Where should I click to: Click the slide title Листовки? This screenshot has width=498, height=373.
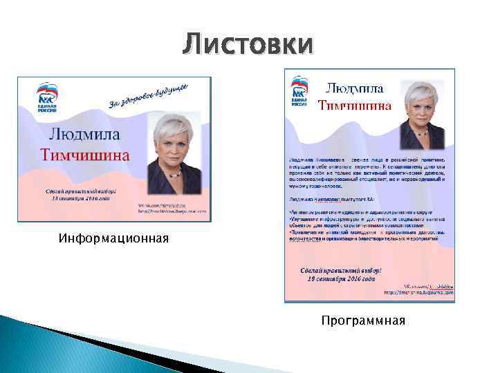(x=248, y=45)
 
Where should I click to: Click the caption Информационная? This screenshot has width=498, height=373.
(x=113, y=240)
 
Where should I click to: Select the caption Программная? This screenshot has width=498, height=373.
(x=363, y=321)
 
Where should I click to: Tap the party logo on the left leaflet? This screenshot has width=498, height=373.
(x=48, y=97)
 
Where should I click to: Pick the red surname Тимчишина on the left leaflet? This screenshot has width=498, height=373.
(x=84, y=154)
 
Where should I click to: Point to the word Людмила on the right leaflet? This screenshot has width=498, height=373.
(x=355, y=88)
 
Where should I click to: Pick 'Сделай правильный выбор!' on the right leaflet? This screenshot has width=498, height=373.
(x=341, y=270)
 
